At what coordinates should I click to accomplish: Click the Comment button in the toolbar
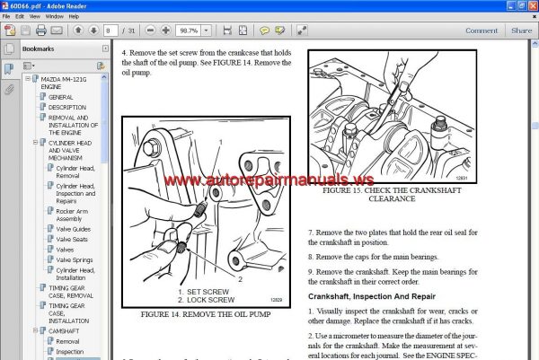tap(481, 30)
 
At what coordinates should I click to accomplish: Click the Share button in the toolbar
tap(521, 30)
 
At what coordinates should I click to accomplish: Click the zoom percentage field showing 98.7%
tap(190, 31)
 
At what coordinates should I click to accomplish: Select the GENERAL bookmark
tap(61, 96)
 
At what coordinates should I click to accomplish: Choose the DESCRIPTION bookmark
tap(67, 107)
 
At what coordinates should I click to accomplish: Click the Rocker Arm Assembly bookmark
tap(75, 214)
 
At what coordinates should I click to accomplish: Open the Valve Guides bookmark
tap(75, 230)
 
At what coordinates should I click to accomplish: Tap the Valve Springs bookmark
tap(75, 260)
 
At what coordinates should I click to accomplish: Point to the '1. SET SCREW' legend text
tap(206, 292)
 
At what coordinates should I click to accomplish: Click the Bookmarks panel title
tap(38, 49)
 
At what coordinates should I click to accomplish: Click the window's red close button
tap(530, 5)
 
